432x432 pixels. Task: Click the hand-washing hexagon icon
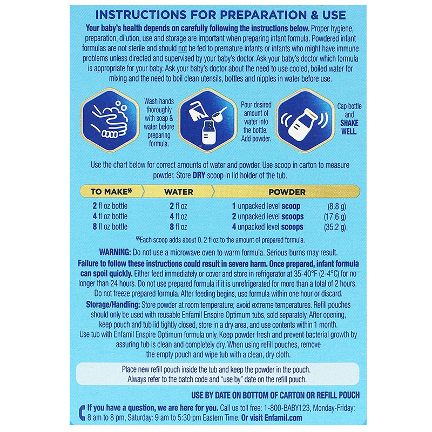coord(110,120)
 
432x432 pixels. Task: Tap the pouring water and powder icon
coord(207,120)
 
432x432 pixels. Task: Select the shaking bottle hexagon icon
coord(305,120)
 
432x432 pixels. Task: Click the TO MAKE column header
coord(111,192)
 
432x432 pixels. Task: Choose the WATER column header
coord(179,192)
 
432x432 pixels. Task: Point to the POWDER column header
coord(287,192)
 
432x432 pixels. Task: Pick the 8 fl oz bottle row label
coord(110,227)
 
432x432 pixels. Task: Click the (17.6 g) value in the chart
coord(335,217)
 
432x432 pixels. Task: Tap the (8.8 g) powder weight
coord(336,206)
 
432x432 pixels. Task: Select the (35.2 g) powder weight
coord(335,227)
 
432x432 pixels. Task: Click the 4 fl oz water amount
coord(178,217)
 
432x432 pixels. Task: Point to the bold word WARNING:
coord(115,252)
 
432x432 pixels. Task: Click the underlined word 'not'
coord(183,49)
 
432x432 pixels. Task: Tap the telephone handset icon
coord(82,413)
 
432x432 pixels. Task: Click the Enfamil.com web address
coord(283,417)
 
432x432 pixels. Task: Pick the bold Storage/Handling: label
coord(113,305)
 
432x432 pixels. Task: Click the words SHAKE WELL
coord(349,127)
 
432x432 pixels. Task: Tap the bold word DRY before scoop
coord(199,175)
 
